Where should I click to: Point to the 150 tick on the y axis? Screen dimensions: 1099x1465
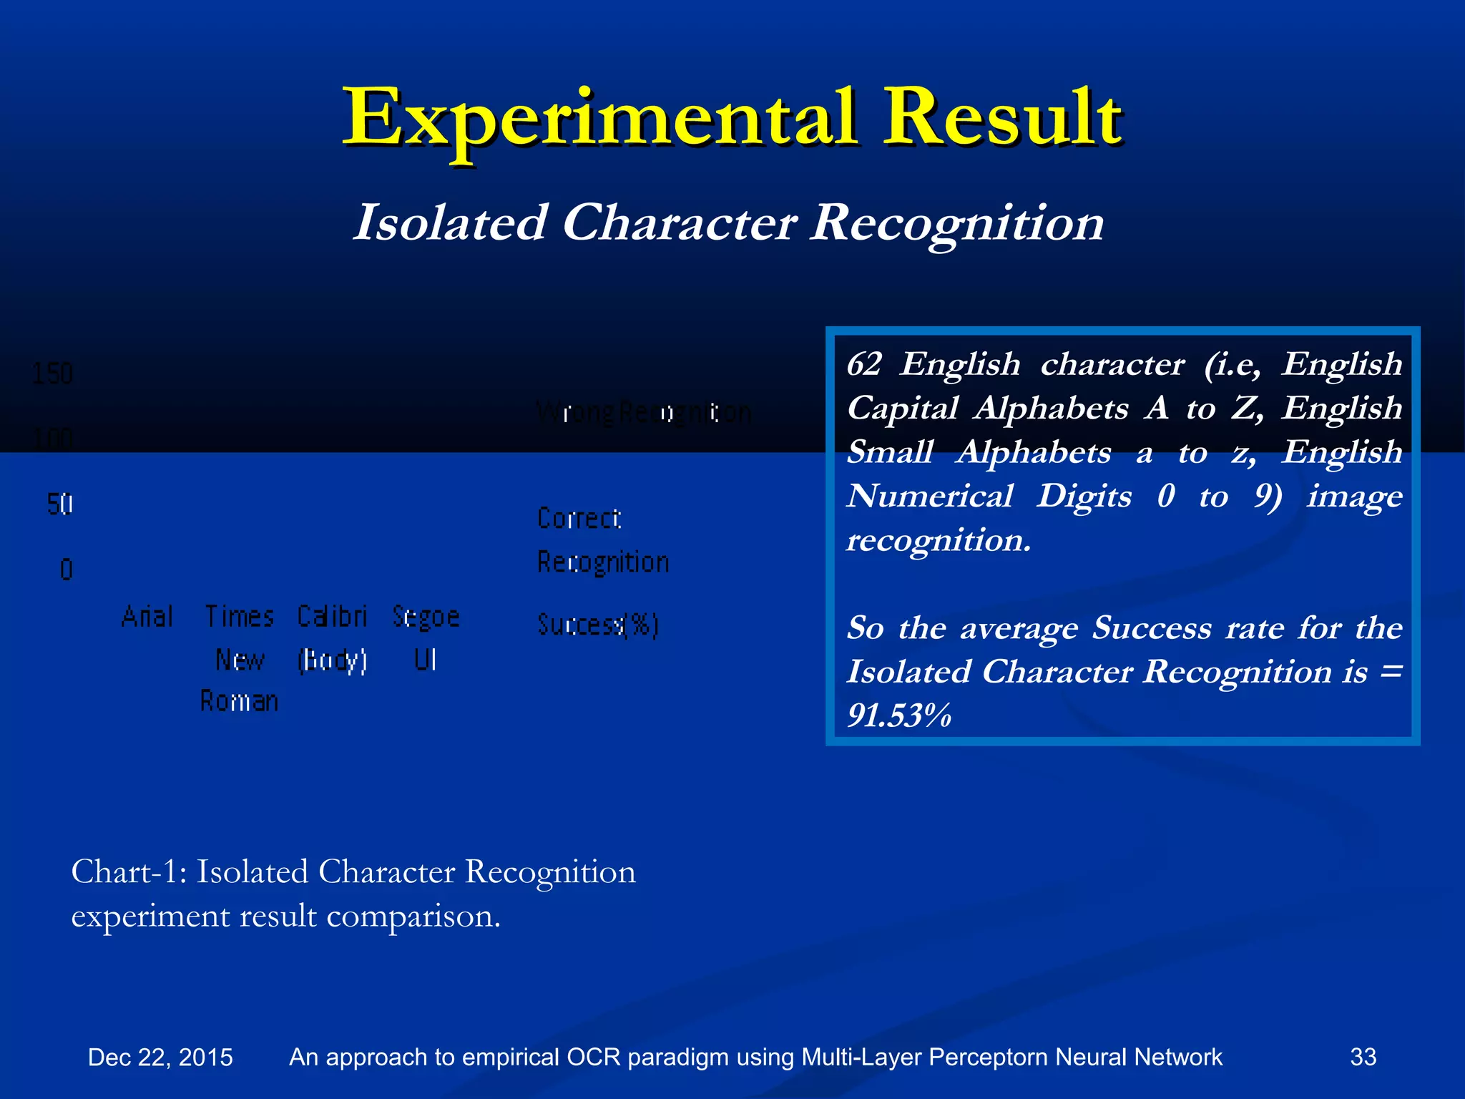52,373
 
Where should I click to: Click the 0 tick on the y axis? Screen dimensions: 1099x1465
66,570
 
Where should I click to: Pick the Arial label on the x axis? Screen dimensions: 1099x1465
147,616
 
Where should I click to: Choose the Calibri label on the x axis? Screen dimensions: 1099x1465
332,616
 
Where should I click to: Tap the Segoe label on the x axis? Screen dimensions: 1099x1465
426,616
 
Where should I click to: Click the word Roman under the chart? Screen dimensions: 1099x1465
239,701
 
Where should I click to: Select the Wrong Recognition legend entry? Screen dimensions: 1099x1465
644,413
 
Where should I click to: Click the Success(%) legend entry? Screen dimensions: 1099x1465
597,625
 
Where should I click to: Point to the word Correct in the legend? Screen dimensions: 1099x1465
579,518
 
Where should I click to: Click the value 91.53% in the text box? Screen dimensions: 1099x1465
899,715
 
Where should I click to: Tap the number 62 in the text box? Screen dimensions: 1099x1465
864,364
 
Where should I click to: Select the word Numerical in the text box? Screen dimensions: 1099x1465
930,496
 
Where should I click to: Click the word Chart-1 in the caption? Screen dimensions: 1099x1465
128,872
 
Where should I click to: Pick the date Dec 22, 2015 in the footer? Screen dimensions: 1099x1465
160,1057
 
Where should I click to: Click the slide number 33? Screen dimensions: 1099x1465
1363,1057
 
